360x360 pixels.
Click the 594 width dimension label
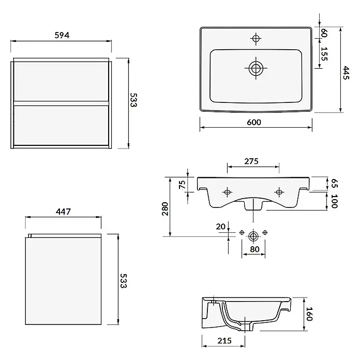(62, 35)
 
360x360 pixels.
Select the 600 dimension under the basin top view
(254, 122)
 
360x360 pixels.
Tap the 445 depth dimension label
(346, 73)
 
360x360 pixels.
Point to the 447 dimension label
(64, 212)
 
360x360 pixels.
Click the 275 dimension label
(251, 161)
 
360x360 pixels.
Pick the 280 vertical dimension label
(165, 208)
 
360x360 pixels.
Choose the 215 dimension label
(224, 341)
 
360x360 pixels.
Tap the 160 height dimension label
(310, 314)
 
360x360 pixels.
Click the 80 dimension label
(254, 249)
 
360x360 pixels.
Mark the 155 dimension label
(324, 54)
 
